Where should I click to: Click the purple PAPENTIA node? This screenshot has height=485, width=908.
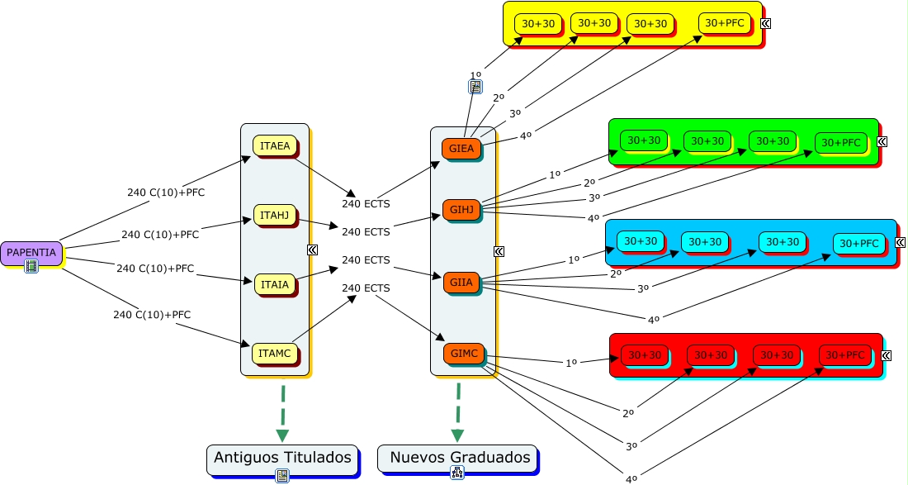(x=31, y=252)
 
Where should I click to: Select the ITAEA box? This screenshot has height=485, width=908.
(x=275, y=146)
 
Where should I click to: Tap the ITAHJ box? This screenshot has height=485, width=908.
(x=274, y=216)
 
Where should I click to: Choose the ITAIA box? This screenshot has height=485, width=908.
(x=274, y=284)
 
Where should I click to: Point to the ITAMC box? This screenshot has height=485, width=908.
(x=274, y=354)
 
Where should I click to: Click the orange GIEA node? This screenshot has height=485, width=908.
(x=462, y=149)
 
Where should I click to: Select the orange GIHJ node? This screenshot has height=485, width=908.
(x=461, y=211)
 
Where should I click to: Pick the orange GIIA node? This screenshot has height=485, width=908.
(x=461, y=283)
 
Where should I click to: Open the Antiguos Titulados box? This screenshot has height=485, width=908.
(x=282, y=457)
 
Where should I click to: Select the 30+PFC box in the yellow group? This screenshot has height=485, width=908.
(x=725, y=23)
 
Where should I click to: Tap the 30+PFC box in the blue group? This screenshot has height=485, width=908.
(x=858, y=243)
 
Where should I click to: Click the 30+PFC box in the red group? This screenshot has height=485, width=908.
(x=845, y=355)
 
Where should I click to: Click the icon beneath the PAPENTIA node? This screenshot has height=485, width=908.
(x=31, y=266)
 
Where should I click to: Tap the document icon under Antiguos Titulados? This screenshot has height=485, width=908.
(x=282, y=475)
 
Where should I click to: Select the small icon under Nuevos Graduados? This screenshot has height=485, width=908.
(x=456, y=473)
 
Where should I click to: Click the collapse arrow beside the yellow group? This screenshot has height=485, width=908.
(x=765, y=23)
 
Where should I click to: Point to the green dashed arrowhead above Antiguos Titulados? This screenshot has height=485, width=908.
(x=282, y=435)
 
